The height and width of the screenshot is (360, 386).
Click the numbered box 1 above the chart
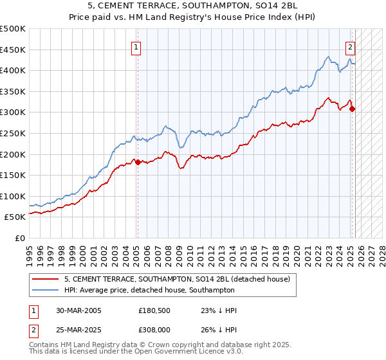137,46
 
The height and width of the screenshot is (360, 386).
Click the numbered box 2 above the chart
351,46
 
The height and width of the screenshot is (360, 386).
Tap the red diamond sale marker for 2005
138,163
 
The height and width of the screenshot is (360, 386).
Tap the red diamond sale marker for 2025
353,109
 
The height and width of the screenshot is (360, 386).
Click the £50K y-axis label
15,217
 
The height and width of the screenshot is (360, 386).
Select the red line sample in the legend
46,279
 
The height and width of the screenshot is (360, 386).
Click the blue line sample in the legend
46,290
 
